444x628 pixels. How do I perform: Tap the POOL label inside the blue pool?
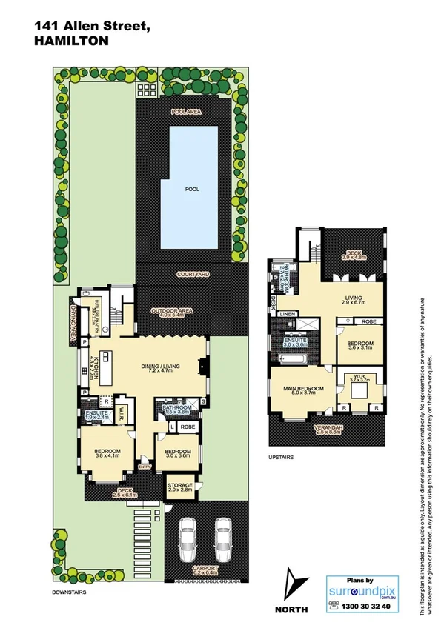[192, 189]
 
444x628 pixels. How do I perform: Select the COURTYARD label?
[192, 274]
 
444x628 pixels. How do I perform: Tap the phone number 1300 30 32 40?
[362, 605]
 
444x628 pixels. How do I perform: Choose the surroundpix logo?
[362, 589]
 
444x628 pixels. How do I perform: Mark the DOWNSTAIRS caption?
[71, 593]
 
